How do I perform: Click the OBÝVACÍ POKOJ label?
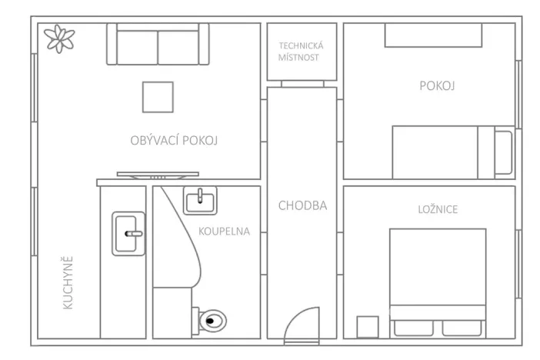click(x=175, y=140)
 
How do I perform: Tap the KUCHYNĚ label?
click(x=68, y=282)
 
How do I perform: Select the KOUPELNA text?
click(x=224, y=231)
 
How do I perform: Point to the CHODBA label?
click(x=302, y=205)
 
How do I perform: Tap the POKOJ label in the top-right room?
click(x=437, y=86)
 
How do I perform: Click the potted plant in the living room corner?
click(x=58, y=38)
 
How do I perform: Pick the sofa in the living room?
click(x=158, y=45)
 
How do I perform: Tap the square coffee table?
click(x=158, y=97)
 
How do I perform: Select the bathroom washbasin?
click(x=200, y=202)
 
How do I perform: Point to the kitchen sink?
click(x=128, y=233)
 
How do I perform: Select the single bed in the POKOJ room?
click(x=452, y=152)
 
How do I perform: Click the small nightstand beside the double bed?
click(x=368, y=326)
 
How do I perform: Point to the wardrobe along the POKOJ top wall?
click(x=433, y=35)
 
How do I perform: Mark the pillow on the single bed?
click(x=502, y=152)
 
